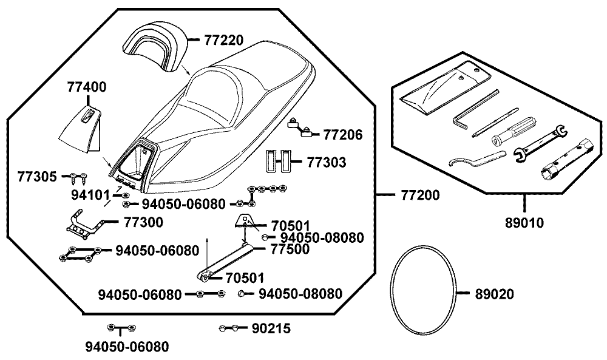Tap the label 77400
(86, 87)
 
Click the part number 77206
(343, 134)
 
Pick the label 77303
(327, 162)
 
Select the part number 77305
(38, 177)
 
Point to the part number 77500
(290, 248)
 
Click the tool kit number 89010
(524, 222)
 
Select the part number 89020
(494, 294)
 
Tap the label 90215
(271, 328)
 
